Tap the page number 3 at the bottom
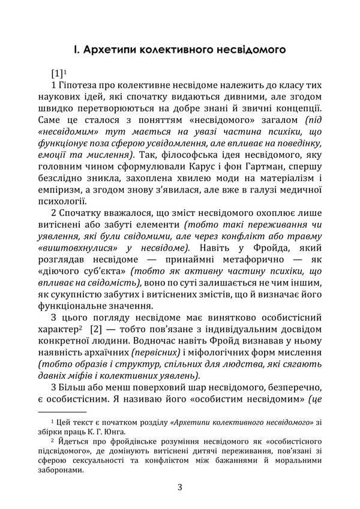click(179, 487)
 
